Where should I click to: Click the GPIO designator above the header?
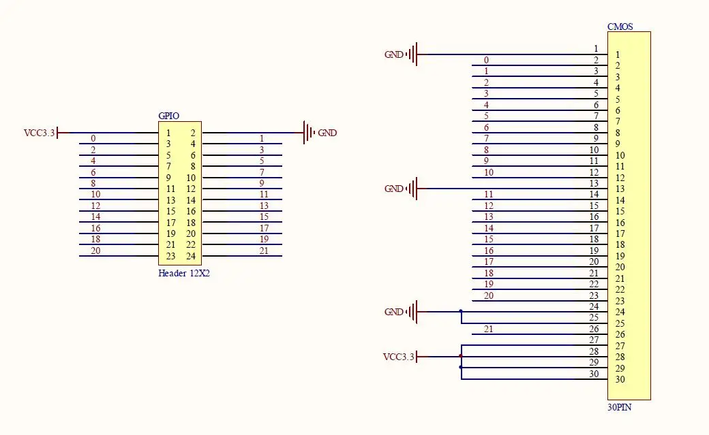coord(168,116)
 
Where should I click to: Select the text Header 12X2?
coord(184,273)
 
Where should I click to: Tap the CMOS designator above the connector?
coord(620,27)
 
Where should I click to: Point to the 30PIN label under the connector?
coord(620,407)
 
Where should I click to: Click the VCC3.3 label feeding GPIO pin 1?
coord(39,133)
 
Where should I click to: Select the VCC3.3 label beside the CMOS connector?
coord(398,357)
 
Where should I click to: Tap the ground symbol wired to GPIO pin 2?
coord(310,133)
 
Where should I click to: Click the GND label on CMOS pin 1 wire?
coord(394,54)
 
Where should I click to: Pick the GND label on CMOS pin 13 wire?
coord(394,189)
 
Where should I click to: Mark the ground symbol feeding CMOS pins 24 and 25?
coord(412,312)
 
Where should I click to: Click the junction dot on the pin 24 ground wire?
coord(461,311)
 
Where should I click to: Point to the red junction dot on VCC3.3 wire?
coord(461,357)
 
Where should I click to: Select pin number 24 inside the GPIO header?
coord(191,256)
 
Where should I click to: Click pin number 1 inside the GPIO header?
coord(168,133)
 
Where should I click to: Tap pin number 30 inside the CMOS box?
coord(620,379)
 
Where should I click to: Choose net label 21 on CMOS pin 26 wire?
coord(488,329)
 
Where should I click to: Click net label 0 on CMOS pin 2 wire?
coord(486,60)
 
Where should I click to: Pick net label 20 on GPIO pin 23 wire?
coord(95,251)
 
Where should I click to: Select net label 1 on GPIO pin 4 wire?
coord(261,138)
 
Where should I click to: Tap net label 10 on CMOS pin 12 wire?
coord(488,172)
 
